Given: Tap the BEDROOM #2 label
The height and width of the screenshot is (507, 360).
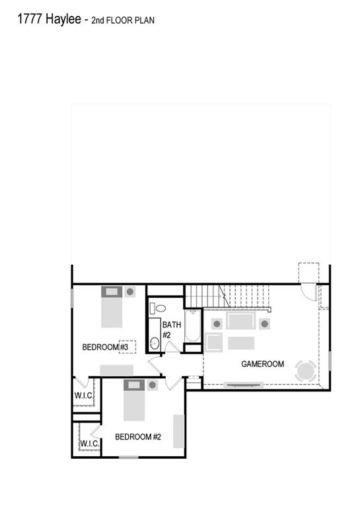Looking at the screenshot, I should point(138,436).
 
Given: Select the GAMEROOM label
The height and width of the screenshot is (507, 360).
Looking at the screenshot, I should point(262,364).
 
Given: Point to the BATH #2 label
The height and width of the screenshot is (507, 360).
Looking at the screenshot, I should point(171,329).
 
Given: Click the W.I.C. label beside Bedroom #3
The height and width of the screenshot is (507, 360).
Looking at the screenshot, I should point(83,395).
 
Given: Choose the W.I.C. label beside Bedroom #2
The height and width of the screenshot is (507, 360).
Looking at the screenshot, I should point(90,444).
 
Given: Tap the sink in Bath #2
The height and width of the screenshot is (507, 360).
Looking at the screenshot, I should point(155,343).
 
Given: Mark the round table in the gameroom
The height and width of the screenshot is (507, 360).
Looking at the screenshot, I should point(306,370).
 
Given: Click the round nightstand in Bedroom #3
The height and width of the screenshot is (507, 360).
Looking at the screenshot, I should point(131,291).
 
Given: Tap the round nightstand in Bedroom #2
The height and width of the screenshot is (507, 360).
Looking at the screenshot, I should point(153,385).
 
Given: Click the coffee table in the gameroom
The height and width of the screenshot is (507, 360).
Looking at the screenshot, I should point(240,343).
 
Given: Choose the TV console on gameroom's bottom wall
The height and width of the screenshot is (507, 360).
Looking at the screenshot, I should point(244,384).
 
